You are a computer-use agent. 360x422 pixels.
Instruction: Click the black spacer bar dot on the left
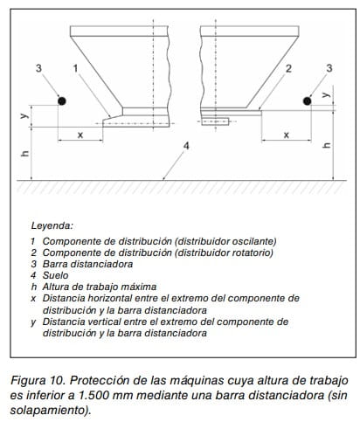click(62, 100)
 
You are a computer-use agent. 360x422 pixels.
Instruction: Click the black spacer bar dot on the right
click(307, 100)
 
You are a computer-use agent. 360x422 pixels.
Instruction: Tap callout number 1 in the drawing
click(75, 68)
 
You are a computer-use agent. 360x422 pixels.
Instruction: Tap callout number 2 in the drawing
click(288, 68)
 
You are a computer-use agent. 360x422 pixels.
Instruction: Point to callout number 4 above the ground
click(186, 146)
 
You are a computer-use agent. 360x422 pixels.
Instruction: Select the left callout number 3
click(38, 68)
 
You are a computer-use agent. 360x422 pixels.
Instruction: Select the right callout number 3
click(329, 68)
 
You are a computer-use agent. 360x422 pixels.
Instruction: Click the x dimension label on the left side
click(80, 135)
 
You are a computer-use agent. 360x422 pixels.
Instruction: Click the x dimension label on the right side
click(287, 135)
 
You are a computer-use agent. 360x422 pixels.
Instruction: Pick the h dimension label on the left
click(25, 153)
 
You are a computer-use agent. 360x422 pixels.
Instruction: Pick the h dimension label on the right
click(328, 145)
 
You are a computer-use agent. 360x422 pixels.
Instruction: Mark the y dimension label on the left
click(24, 115)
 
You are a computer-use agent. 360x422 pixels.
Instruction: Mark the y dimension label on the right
click(327, 94)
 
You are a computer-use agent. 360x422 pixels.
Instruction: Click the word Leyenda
click(52, 225)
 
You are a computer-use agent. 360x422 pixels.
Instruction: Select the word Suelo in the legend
click(55, 275)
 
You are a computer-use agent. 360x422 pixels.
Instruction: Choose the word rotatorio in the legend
click(253, 253)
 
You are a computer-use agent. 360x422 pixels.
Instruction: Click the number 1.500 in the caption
click(93, 395)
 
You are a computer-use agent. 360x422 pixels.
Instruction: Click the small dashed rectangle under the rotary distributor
click(215, 121)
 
